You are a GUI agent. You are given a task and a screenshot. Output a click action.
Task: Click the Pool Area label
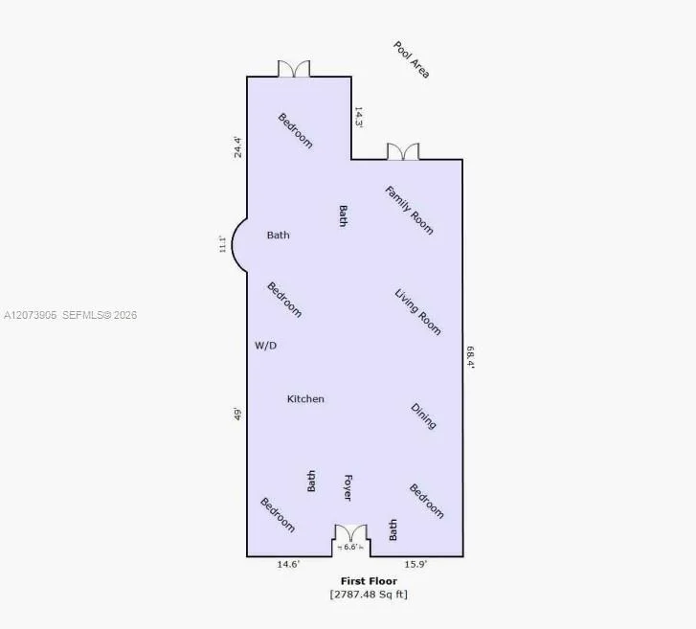coord(412,60)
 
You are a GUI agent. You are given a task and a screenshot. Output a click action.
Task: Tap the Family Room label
coord(409,211)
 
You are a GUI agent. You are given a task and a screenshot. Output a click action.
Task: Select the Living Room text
coord(417,312)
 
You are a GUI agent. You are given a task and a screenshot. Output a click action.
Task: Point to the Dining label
coord(423,416)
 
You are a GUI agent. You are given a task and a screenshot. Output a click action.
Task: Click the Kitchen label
coord(305,399)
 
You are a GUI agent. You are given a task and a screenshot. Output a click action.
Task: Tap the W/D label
coord(265,346)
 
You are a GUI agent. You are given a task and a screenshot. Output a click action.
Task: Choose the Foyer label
coord(348,487)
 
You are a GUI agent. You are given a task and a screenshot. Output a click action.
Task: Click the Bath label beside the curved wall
coord(279,235)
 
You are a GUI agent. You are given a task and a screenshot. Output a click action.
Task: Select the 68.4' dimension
coord(470,357)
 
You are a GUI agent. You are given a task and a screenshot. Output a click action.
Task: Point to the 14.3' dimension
coord(359,118)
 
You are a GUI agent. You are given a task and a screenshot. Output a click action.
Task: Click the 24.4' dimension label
coord(238,146)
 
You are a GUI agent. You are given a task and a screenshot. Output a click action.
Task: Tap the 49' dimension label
coord(238,414)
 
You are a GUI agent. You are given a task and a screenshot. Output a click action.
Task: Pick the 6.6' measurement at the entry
coord(350,547)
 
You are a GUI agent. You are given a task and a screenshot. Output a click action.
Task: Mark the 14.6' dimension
coord(288,564)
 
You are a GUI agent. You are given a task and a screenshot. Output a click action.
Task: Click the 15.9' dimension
coord(415,564)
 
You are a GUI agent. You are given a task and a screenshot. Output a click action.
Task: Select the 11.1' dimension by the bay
coord(222,244)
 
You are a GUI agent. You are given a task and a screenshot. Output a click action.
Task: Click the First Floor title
coord(369,580)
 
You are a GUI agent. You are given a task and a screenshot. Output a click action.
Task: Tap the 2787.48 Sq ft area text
coord(369,594)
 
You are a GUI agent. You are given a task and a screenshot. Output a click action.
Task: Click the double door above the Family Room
coord(403,151)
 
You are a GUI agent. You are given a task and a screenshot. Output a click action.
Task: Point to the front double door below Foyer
coord(350,532)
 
